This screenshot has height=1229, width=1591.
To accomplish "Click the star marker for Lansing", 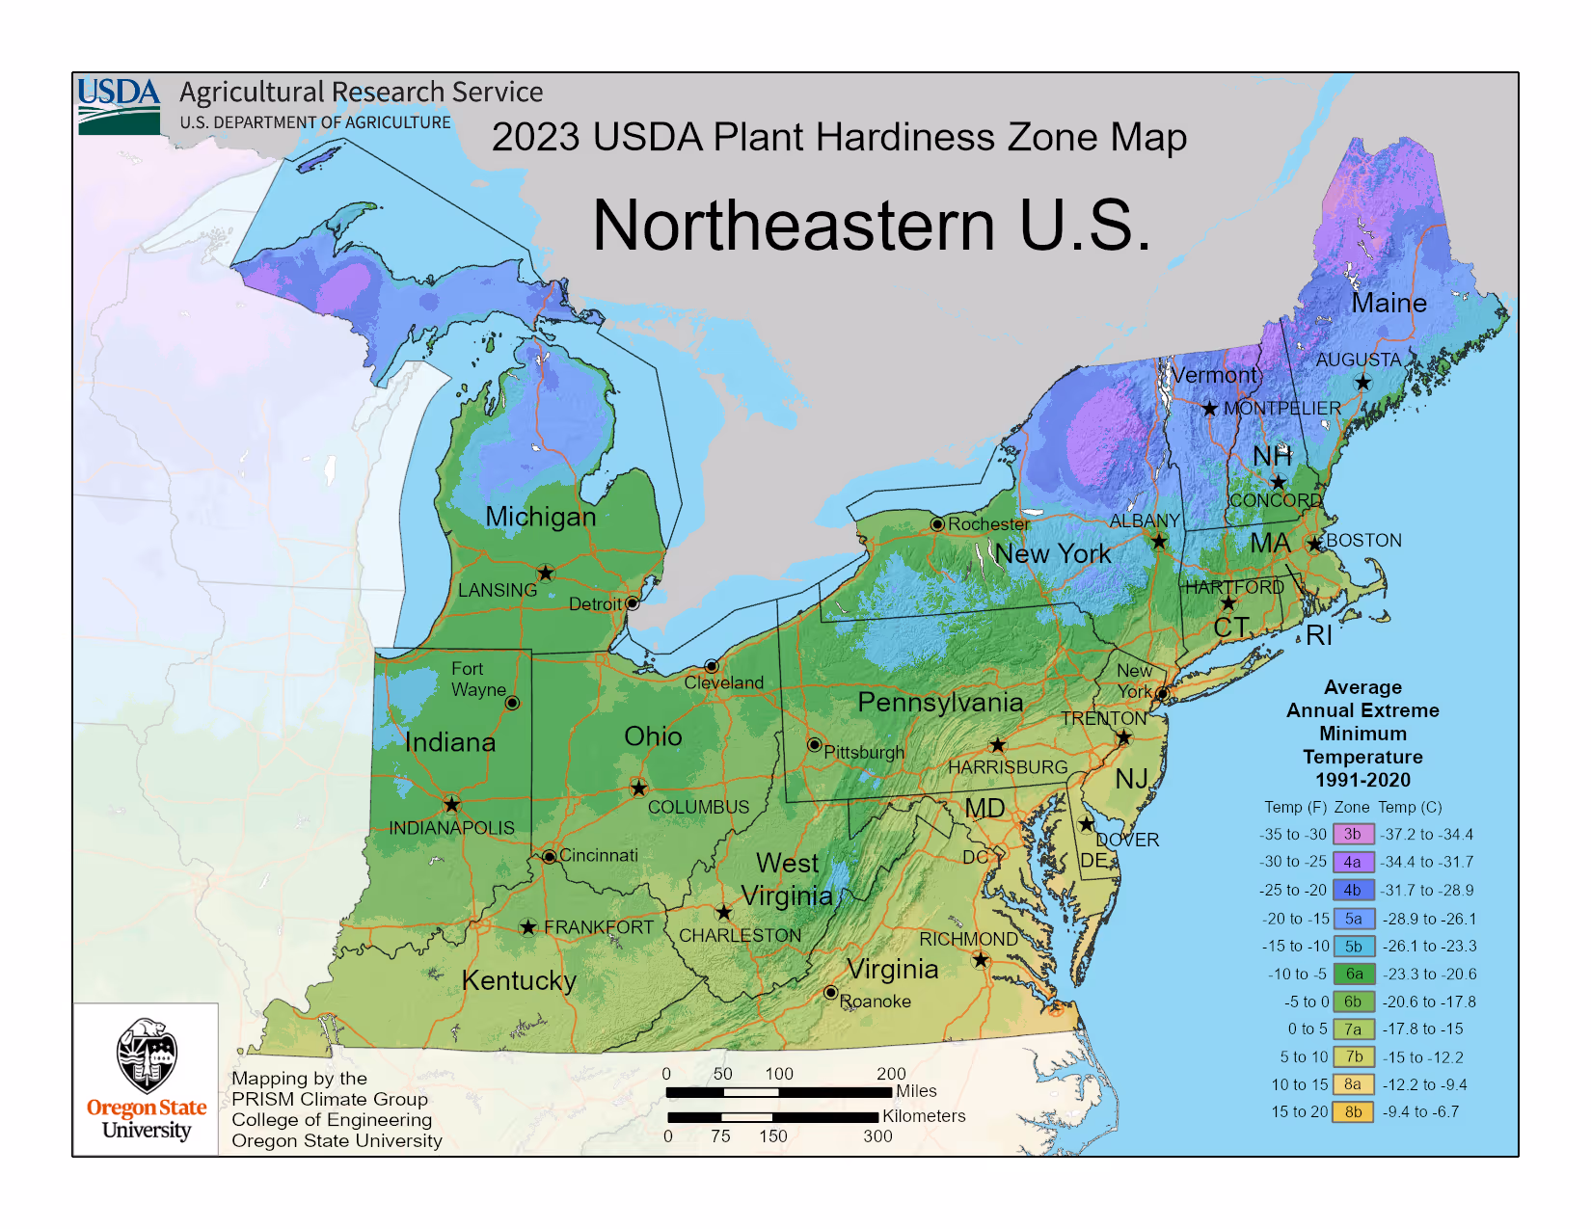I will click(546, 574).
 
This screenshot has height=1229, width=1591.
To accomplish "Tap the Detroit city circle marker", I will click(632, 603).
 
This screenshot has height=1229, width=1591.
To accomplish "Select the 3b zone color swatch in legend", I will click(1353, 834).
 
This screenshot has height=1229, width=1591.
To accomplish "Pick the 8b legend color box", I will click(1353, 1111).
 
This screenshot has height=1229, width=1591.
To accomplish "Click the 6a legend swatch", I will click(1353, 974).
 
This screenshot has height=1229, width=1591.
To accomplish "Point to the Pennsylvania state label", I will click(940, 702).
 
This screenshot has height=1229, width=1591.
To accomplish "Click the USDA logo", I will click(119, 105).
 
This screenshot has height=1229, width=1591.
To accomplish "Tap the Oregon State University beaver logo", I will click(147, 1055).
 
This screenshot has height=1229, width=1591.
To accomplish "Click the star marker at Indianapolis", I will click(451, 804).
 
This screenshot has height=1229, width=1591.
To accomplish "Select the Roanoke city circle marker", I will click(830, 992).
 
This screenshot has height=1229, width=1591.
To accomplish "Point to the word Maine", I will click(1389, 303).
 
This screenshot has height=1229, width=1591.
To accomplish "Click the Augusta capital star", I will click(1362, 383).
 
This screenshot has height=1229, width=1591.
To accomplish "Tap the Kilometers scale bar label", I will click(924, 1115).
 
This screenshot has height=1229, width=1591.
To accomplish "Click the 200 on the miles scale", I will click(891, 1073).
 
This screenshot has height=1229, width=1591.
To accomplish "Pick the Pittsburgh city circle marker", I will click(815, 745).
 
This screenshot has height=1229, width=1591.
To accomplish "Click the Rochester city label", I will click(989, 523).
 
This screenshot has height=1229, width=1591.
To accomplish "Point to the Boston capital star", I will click(1315, 545).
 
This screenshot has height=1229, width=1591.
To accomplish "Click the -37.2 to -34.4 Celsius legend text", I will click(1427, 834).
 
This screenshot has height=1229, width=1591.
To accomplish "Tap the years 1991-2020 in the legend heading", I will click(1362, 780).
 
